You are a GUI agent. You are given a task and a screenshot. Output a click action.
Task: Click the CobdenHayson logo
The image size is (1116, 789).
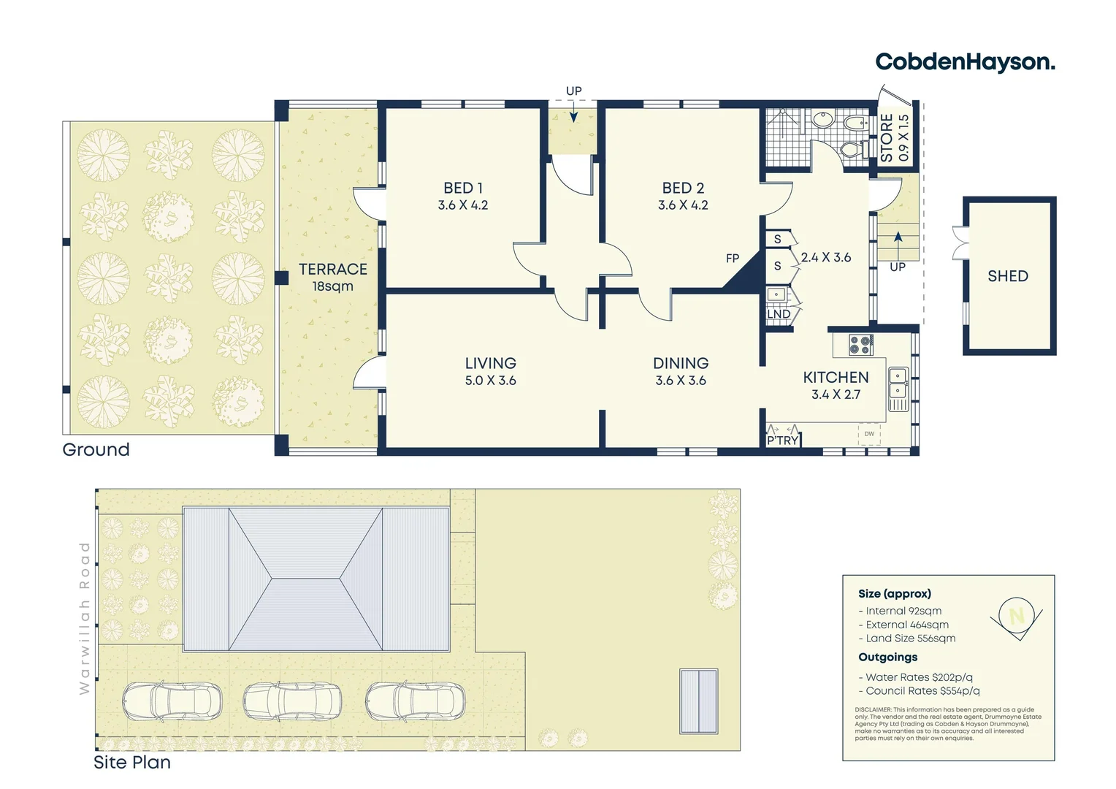965,62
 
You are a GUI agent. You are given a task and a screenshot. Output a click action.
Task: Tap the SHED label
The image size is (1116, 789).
1008,276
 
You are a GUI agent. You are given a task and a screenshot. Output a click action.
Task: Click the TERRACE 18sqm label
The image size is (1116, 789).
333,277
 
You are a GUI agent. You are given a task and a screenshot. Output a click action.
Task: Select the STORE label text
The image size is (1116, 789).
887,138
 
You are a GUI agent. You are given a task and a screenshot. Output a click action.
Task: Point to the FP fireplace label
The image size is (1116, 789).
733,258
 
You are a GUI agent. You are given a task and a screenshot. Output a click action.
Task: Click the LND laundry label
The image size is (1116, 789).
779,314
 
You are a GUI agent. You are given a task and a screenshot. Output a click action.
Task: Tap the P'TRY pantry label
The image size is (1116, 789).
783,440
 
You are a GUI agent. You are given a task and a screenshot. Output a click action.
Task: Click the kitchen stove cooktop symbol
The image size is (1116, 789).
861,344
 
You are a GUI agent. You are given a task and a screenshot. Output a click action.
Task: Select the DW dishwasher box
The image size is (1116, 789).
869,434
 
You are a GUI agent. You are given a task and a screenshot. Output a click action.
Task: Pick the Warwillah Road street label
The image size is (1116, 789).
85,618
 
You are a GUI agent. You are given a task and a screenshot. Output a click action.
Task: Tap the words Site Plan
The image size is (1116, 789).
132,762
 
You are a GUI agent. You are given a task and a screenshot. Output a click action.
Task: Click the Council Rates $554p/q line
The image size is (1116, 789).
920,691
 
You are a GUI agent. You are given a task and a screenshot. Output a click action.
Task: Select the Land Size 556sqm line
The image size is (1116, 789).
907,639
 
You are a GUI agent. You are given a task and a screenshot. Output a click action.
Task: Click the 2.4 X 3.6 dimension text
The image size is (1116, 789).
825,258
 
